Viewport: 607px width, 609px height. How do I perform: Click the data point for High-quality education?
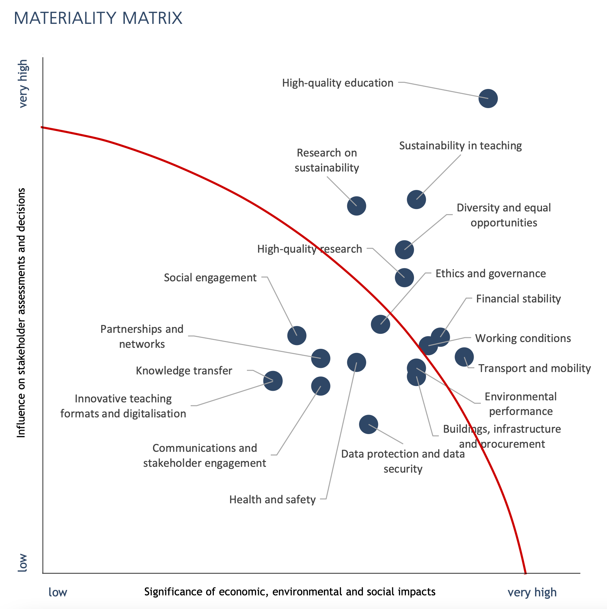[x=488, y=99]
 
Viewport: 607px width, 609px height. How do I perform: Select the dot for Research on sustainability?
[x=356, y=206]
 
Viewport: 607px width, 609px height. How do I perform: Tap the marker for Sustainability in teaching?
[x=416, y=199]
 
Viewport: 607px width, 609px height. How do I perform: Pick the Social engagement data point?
[x=297, y=336]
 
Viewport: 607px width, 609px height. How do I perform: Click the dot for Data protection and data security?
[x=368, y=425]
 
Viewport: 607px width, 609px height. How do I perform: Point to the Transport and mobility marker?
[x=464, y=357]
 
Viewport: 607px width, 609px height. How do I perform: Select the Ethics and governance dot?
[x=380, y=324]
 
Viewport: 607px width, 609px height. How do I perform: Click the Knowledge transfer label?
[x=184, y=371]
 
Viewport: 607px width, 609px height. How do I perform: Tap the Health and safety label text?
[x=272, y=500]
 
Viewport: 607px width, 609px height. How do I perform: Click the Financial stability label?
[x=518, y=299]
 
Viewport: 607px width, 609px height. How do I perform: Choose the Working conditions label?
[x=523, y=338]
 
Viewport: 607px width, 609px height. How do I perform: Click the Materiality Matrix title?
[x=98, y=18]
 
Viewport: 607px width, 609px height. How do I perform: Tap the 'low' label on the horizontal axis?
[x=58, y=592]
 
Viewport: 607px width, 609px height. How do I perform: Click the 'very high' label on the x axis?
[x=532, y=592]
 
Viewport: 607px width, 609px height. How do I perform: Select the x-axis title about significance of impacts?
[x=290, y=592]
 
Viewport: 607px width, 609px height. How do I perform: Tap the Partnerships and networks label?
[x=142, y=337]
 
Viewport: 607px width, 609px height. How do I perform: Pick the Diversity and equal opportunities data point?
[x=404, y=250]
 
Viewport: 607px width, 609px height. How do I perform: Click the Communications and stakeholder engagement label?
[x=204, y=456]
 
